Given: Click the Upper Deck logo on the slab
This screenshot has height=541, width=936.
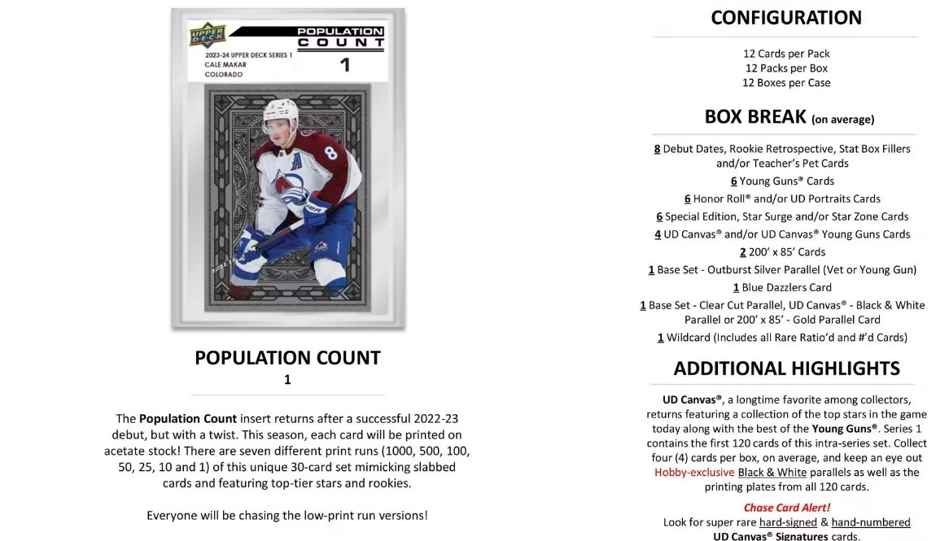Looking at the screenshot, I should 207,35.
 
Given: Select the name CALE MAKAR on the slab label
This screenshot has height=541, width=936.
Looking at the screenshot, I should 216,64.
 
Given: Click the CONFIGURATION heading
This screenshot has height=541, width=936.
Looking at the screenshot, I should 785,18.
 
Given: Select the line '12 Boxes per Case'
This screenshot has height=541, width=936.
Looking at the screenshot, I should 785,82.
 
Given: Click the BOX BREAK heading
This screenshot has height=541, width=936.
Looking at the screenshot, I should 757,116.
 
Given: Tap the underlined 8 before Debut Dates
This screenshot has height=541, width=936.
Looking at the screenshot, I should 657,149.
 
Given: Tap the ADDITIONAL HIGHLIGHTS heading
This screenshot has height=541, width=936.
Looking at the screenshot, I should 786,368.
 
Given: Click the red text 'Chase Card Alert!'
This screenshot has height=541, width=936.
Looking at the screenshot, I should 786,508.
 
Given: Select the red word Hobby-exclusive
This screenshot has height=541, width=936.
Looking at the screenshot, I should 694,472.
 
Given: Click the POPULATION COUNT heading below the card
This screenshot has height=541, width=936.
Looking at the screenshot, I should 287,358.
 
